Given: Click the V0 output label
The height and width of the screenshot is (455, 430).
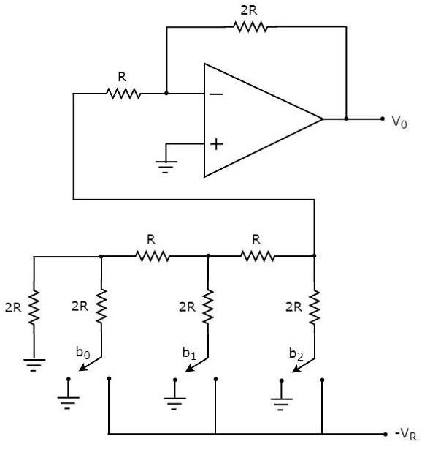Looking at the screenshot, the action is point(399,122).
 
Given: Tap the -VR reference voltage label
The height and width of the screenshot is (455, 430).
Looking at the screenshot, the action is point(405,434).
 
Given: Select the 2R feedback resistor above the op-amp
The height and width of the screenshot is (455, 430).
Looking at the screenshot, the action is point(250,27).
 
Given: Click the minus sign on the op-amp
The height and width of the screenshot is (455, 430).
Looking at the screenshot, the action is point(216,94).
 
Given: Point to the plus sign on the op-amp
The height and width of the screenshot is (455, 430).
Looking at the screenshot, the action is point(217,144).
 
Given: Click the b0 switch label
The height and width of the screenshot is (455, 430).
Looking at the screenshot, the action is point(82,353).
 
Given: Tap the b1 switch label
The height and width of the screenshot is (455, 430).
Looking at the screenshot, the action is point(189,353).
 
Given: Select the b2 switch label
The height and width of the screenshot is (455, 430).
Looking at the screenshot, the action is point(296,354).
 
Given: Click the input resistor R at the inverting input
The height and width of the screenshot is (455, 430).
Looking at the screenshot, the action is point(123,94).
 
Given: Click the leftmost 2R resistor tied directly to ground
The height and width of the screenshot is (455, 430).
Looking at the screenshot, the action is point(34,307).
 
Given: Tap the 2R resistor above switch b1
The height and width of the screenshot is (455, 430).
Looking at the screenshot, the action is point(208,307).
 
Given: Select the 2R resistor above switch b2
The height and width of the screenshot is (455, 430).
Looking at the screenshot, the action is point(315,307).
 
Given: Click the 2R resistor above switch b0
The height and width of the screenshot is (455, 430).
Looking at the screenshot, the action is point(101,306).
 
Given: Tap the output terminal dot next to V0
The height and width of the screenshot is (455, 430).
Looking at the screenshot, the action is point(383,119).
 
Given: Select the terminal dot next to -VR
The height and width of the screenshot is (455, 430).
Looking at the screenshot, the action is point(385,434).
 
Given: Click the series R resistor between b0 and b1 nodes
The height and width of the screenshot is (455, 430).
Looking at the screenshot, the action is point(153,256).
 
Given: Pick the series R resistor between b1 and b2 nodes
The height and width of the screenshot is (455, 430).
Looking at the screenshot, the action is point(258,256).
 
